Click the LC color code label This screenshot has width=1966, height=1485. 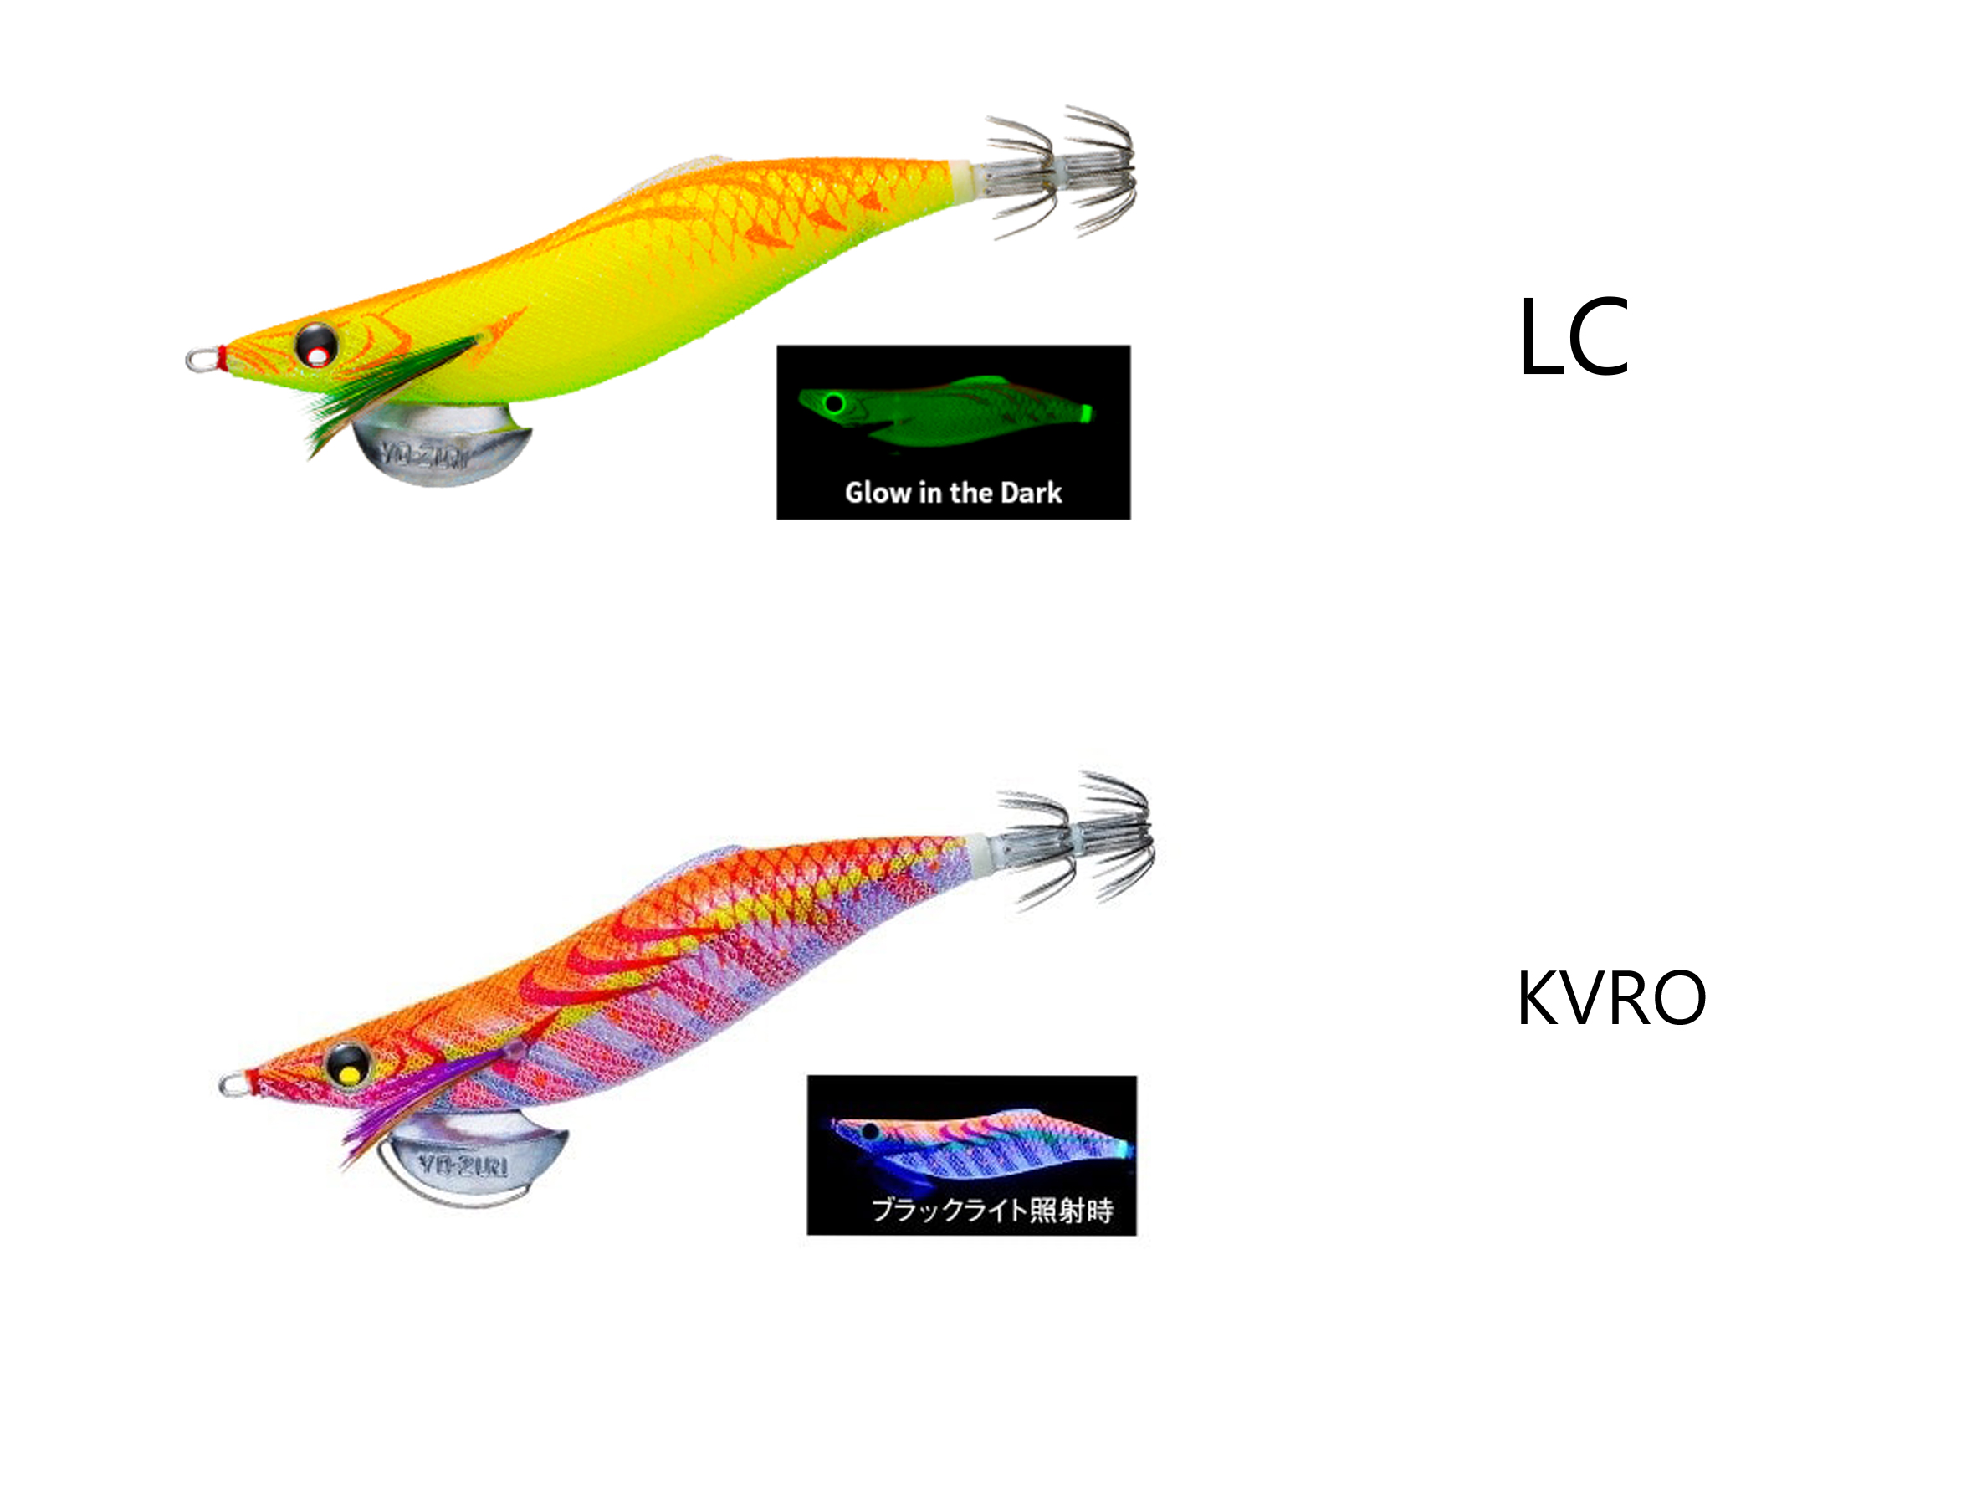1574,336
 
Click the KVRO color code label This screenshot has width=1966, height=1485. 1610,998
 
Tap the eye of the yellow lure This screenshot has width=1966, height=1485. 316,345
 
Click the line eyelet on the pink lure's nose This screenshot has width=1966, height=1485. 236,1084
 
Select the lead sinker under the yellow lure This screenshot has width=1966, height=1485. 442,444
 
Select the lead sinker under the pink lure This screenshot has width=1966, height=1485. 474,1158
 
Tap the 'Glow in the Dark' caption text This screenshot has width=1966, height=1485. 953,492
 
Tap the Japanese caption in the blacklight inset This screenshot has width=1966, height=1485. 992,1210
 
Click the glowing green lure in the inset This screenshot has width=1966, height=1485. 945,413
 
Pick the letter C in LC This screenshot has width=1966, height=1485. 1598,337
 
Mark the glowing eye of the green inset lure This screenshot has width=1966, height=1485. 834,404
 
